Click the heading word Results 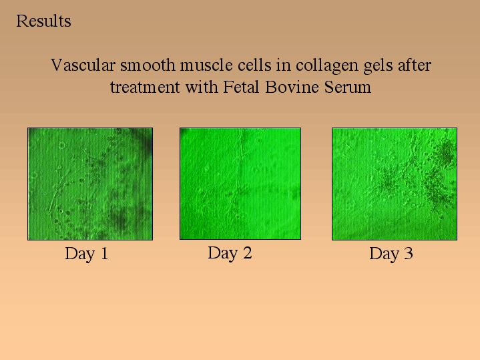click(x=43, y=21)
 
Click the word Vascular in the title click(x=83, y=65)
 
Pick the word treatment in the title click(x=145, y=87)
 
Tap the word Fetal click(x=242, y=87)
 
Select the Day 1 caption click(x=87, y=254)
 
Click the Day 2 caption click(x=230, y=253)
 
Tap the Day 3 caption click(x=391, y=254)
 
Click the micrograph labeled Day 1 click(x=90, y=184)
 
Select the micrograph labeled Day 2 click(x=240, y=184)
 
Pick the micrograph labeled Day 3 click(x=395, y=184)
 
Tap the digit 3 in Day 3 click(x=409, y=253)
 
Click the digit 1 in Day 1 click(x=104, y=253)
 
